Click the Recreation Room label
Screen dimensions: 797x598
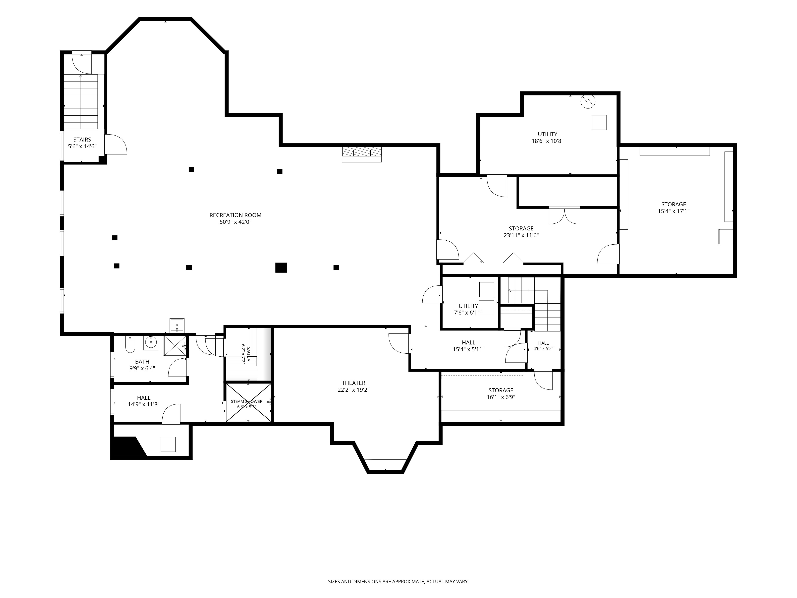coord(235,215)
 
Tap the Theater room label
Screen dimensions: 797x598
coord(353,383)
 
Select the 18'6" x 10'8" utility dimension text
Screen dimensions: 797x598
coord(547,141)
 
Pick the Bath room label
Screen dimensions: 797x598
coord(142,362)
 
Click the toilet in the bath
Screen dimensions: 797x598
coord(130,345)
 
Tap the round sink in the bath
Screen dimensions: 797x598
coord(151,342)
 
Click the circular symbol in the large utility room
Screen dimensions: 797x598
coord(588,101)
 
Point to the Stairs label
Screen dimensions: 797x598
coord(82,140)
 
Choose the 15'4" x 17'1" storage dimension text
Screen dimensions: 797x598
coord(673,211)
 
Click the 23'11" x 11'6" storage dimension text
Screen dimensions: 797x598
coord(521,235)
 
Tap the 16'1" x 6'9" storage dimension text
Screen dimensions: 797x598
coord(501,397)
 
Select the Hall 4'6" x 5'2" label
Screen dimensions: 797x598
coord(543,346)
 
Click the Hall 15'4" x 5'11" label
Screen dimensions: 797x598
coord(468,346)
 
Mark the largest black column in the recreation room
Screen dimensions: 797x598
coord(281,268)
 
